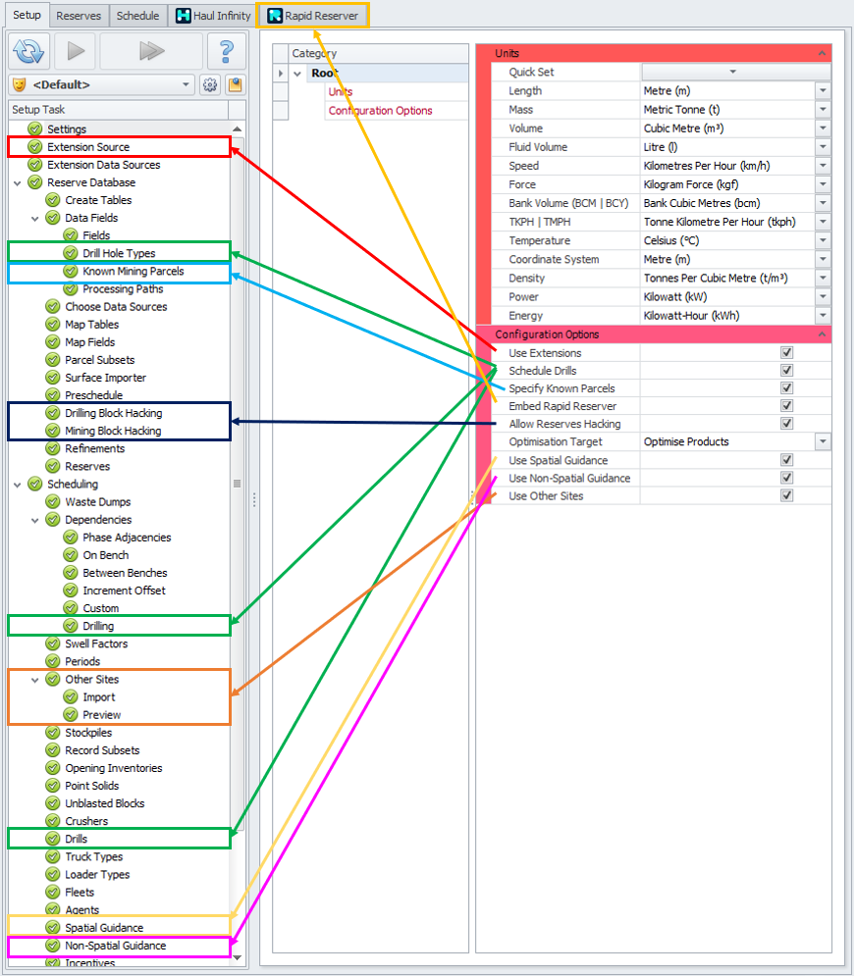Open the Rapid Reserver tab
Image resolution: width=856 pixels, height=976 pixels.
pyautogui.click(x=313, y=16)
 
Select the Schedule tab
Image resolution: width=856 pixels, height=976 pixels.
pyautogui.click(x=137, y=16)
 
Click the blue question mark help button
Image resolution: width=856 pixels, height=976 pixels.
pyautogui.click(x=227, y=50)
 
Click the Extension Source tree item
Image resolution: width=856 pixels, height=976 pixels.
pyautogui.click(x=88, y=147)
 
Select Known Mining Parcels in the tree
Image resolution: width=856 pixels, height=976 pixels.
pyautogui.click(x=133, y=271)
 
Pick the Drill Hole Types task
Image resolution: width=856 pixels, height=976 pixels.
pyautogui.click(x=119, y=253)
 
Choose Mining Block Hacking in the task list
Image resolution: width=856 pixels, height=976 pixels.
pyautogui.click(x=113, y=431)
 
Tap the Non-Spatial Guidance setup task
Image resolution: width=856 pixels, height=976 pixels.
pyautogui.click(x=115, y=946)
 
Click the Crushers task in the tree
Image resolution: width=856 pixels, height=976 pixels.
pyautogui.click(x=86, y=821)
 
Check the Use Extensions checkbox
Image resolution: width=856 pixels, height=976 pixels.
pyautogui.click(x=785, y=353)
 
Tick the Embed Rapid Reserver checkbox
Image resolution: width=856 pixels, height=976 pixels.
pyautogui.click(x=785, y=406)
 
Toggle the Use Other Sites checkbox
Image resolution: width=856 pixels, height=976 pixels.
pyautogui.click(x=785, y=495)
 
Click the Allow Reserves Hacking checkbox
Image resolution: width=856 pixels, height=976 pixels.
pyautogui.click(x=785, y=424)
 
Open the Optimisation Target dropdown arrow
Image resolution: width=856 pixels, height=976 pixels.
pyautogui.click(x=823, y=442)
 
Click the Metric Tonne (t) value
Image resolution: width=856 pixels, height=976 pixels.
pyautogui.click(x=681, y=110)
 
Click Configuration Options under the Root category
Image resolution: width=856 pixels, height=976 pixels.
pyautogui.click(x=380, y=111)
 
